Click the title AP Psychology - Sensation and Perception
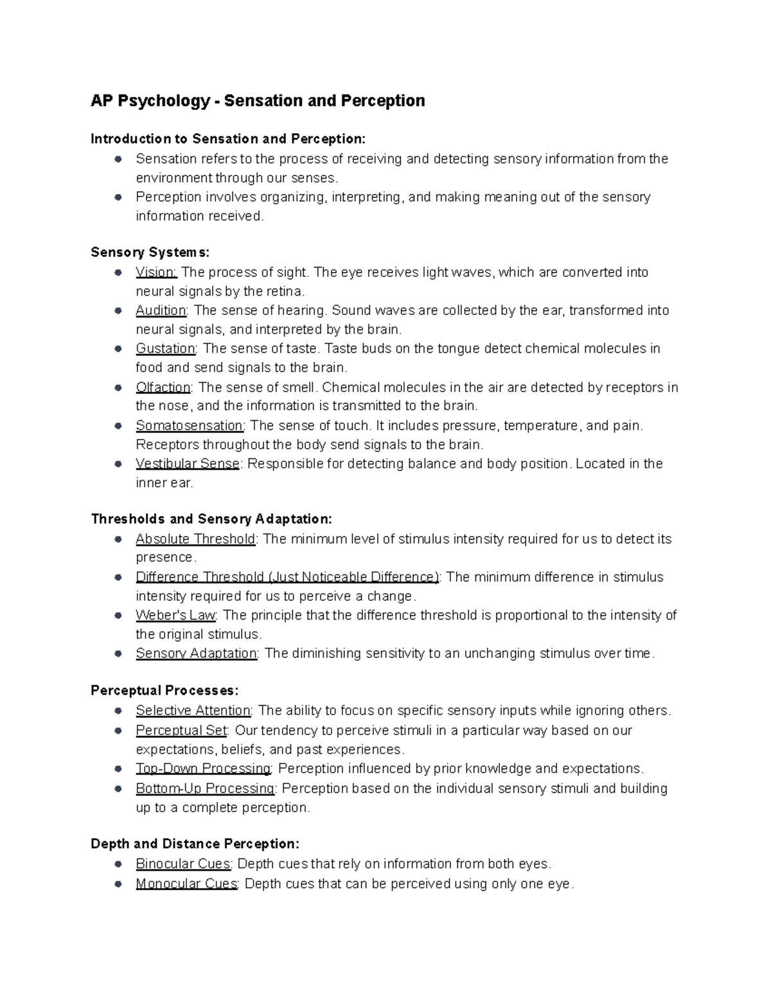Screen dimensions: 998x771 (x=258, y=101)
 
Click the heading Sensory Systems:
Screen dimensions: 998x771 (x=150, y=252)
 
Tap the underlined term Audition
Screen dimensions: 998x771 (x=161, y=310)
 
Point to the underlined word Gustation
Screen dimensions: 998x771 (x=165, y=348)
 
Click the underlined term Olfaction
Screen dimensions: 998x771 (x=163, y=388)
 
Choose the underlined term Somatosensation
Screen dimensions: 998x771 (x=190, y=425)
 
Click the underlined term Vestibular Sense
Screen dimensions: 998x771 (x=188, y=463)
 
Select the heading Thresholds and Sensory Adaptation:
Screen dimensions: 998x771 (x=211, y=519)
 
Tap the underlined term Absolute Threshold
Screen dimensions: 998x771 (x=195, y=539)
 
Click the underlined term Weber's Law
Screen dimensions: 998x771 (x=175, y=615)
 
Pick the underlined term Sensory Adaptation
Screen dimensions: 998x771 (x=196, y=654)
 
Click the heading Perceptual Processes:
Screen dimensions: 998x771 (x=164, y=690)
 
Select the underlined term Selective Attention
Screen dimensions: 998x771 (x=193, y=711)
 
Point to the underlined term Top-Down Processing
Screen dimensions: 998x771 (x=203, y=769)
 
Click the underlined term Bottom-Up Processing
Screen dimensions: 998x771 (x=205, y=789)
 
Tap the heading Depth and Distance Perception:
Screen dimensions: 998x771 (x=195, y=843)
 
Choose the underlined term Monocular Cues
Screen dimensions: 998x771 (x=186, y=884)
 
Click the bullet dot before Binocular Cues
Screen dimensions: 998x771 (x=118, y=864)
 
